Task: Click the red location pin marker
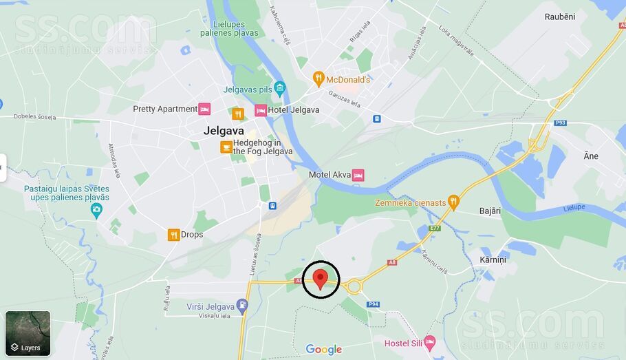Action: tap(320, 279)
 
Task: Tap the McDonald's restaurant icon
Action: tap(319, 79)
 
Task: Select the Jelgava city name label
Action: tap(224, 130)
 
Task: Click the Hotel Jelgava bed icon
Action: tap(261, 110)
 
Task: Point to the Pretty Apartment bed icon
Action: tap(204, 109)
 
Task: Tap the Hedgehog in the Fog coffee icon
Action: tap(226, 147)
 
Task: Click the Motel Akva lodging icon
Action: tap(358, 175)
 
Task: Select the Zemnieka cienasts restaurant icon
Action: tap(453, 202)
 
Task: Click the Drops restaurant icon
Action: tap(173, 235)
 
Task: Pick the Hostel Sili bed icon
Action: tap(430, 342)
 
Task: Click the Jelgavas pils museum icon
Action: tap(279, 87)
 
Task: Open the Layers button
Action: tap(28, 333)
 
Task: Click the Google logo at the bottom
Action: tap(323, 350)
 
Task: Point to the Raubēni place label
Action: tap(559, 17)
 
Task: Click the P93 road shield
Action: tap(561, 123)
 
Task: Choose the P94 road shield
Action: tap(373, 304)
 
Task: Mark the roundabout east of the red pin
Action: tap(354, 287)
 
